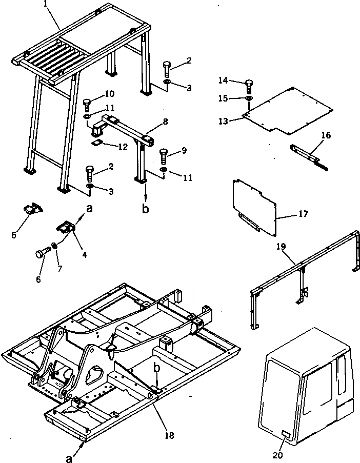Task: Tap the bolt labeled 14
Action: tap(249, 85)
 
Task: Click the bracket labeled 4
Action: tap(66, 226)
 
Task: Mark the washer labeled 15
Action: tap(249, 97)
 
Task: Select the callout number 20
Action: tap(277, 454)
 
